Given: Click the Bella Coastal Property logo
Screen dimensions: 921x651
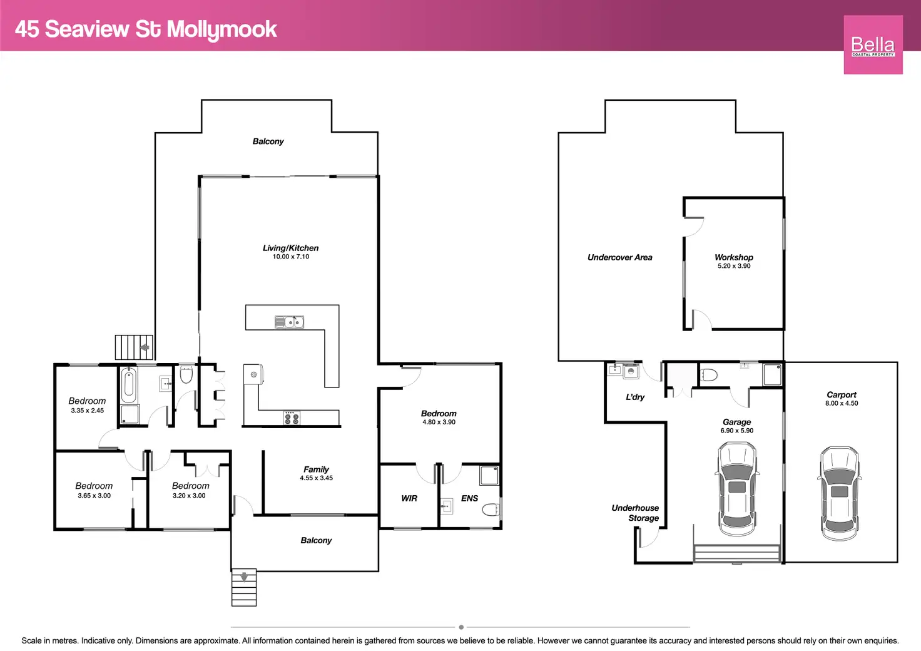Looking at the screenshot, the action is [873, 45].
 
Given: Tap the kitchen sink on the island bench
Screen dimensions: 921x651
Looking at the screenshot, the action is [289, 322].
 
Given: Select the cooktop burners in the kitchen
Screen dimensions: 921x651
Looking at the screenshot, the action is [292, 418].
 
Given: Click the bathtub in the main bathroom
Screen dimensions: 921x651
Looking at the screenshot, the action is [129, 385].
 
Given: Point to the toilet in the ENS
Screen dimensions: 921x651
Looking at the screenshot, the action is [491, 510].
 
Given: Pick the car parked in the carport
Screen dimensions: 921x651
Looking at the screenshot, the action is [839, 493].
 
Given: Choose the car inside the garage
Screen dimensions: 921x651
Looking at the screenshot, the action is [737, 488].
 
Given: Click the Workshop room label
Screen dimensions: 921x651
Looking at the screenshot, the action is [734, 257].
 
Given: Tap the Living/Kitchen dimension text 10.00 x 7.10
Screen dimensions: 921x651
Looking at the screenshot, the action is [291, 257].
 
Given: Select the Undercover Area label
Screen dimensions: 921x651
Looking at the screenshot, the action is [619, 257].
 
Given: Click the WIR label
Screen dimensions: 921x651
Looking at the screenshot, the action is [409, 498].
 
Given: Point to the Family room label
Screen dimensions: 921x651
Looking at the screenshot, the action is [316, 469].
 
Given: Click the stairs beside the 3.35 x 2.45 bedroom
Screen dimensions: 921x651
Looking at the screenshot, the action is [134, 347].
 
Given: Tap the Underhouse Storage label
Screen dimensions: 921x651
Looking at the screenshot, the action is [636, 513].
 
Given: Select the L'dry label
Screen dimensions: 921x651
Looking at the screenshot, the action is [635, 397].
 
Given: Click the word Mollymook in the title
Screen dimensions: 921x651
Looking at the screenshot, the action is [221, 29].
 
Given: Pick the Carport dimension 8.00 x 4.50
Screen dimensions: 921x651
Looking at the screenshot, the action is [842, 403].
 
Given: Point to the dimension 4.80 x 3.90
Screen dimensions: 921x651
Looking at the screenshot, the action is [439, 422].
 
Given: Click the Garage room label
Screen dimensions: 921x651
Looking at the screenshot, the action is [736, 422].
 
